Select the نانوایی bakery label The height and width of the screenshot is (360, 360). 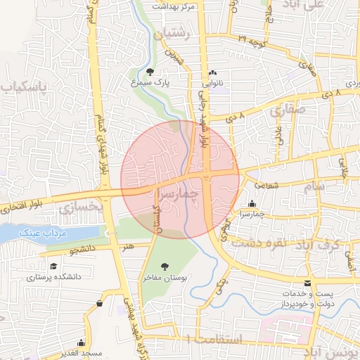[x=213, y=82]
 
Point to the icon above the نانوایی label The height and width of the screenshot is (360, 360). [x=213, y=72]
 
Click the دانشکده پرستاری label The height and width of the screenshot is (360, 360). [x=54, y=277]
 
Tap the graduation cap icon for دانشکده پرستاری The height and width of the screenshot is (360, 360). [x=54, y=266]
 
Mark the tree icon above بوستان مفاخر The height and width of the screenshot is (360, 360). [x=165, y=266]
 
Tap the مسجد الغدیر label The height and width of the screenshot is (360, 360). [x=81, y=353]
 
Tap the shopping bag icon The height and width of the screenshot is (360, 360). [x=99, y=303]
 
